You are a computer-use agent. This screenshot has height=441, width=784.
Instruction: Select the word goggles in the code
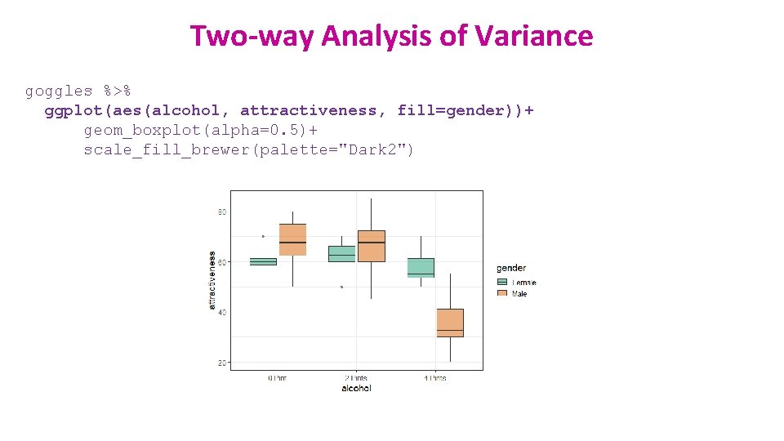click(59, 91)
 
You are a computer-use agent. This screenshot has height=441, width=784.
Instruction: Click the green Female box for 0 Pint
click(263, 261)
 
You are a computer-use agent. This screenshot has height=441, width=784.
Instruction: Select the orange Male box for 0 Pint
click(292, 239)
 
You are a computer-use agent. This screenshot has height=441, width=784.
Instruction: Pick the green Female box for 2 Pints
click(341, 254)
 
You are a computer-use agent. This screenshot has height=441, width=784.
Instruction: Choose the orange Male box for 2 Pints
click(371, 246)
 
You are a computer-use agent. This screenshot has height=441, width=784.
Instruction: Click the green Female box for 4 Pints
click(421, 268)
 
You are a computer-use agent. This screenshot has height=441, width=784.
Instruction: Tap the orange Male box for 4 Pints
click(450, 323)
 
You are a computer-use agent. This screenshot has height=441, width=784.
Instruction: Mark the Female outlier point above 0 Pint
click(263, 236)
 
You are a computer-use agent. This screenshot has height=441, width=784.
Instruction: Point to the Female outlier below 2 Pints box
click(341, 287)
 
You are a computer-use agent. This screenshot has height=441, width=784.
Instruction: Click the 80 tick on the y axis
click(221, 212)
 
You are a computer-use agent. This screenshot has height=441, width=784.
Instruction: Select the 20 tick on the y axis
click(221, 362)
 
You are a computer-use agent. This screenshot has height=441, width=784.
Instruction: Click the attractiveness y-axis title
click(212, 279)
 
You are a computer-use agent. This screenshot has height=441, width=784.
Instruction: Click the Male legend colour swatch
click(501, 293)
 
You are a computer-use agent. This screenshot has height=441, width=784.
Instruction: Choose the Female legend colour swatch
click(501, 283)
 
